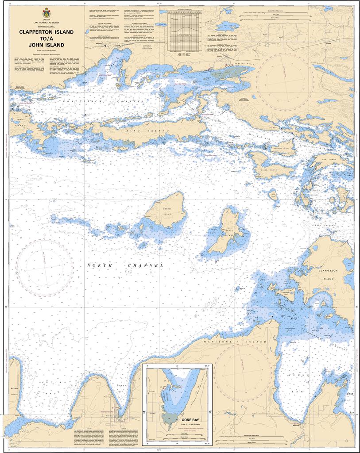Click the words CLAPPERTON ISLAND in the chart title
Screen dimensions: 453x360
(46, 32)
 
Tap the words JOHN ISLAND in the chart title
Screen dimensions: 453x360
(46, 45)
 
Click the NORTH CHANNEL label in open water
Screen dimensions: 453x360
(125, 265)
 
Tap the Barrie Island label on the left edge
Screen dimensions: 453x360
(13, 391)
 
